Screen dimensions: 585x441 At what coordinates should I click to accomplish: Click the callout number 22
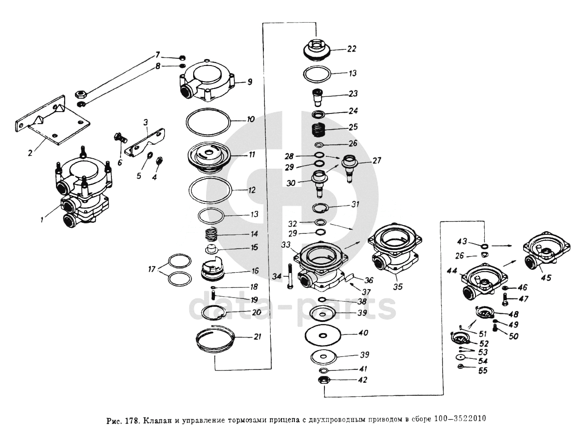pyautogui.click(x=352, y=49)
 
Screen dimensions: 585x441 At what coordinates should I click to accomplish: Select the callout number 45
pyautogui.click(x=546, y=278)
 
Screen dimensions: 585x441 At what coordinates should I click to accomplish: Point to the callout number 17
pyautogui.click(x=152, y=269)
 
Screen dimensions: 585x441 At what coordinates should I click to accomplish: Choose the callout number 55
pyautogui.click(x=483, y=371)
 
